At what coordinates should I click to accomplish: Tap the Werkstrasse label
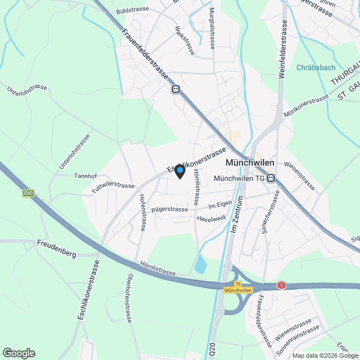(x=184, y=40)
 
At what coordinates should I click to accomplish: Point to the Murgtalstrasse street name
(x=213, y=30)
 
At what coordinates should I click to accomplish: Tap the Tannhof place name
(x=86, y=175)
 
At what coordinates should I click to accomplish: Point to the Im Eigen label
(x=220, y=207)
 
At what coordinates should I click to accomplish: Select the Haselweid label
(x=211, y=218)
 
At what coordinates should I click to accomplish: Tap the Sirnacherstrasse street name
(x=271, y=213)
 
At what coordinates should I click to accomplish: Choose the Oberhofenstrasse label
(x=129, y=298)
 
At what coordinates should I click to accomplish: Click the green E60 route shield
(x=29, y=193)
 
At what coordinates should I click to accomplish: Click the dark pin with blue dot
(x=180, y=171)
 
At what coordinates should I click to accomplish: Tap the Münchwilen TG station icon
(x=271, y=178)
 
